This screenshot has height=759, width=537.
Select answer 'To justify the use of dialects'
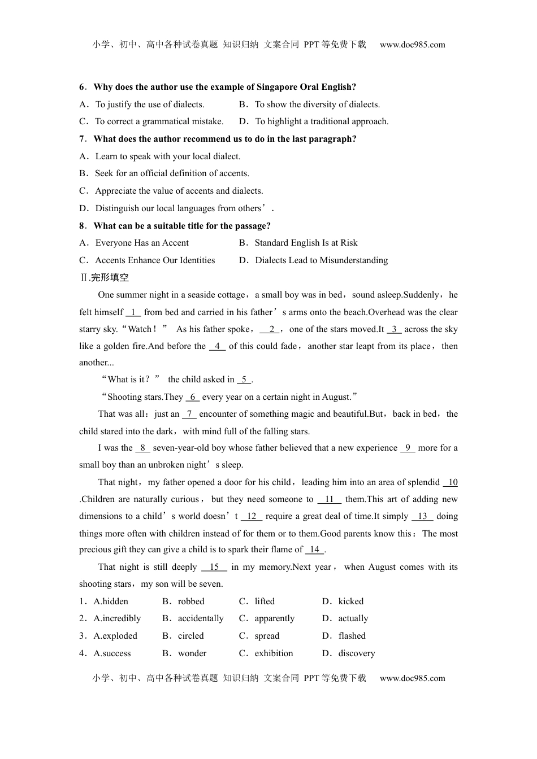coord(149,104)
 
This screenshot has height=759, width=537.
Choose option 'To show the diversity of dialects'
coord(317,104)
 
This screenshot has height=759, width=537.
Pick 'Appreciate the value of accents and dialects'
coord(179,191)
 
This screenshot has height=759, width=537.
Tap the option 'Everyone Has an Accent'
coord(142,243)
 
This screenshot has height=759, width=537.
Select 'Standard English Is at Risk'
coord(306,243)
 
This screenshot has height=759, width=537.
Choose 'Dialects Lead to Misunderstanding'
coord(321,260)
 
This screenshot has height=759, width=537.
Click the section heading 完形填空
coord(110,277)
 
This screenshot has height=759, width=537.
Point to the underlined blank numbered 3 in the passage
coord(394,329)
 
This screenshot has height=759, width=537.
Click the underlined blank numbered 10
coord(451,482)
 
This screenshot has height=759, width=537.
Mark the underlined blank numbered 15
coord(214,567)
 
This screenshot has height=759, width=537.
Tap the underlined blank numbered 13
coord(422,516)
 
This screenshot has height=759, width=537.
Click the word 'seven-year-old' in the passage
coord(180,448)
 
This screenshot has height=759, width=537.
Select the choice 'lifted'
coord(265,601)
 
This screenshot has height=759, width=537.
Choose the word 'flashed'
coord(352,636)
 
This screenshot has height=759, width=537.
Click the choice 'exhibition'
coord(274,653)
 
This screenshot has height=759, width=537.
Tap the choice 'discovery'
coord(356,653)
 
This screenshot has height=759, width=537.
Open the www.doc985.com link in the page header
coord(412,45)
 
